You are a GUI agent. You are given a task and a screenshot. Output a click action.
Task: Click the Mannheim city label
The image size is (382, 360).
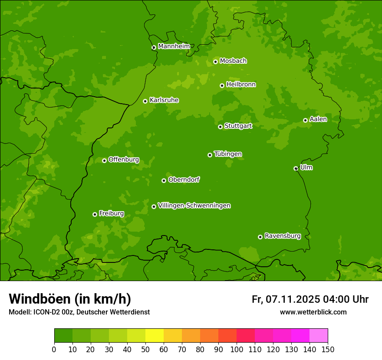174,46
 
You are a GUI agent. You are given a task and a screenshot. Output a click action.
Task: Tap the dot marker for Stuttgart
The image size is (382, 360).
221,127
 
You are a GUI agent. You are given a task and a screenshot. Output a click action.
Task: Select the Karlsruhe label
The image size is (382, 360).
164,100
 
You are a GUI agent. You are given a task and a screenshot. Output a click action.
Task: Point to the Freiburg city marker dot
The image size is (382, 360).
95,214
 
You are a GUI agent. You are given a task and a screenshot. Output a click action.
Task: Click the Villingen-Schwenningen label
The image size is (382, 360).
194,206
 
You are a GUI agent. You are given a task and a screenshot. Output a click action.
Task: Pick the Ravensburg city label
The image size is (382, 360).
283,236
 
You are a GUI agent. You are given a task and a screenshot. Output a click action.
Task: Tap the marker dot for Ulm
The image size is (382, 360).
296,168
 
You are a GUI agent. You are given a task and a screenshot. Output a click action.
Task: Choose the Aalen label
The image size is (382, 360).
318,119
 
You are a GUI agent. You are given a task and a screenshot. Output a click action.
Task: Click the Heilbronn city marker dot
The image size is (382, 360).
222,85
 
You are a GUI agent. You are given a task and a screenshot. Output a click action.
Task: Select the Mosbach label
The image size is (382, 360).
233,61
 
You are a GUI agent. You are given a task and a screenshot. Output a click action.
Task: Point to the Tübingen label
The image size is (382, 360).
228,154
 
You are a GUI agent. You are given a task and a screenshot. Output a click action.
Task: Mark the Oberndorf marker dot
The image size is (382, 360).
164,180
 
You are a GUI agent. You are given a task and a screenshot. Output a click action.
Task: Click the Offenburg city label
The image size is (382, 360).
124,160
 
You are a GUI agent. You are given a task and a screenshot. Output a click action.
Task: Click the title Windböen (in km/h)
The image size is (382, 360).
70,299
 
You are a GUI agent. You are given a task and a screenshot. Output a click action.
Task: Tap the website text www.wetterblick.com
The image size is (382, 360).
313,312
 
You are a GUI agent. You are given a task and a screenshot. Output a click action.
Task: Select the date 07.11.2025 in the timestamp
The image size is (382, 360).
293,299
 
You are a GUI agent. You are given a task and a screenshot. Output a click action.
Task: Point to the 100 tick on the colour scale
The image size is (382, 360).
237,349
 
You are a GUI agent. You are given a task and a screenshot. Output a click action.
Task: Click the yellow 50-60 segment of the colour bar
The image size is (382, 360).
155,336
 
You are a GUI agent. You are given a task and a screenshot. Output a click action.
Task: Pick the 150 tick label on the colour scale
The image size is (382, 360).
328,349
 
